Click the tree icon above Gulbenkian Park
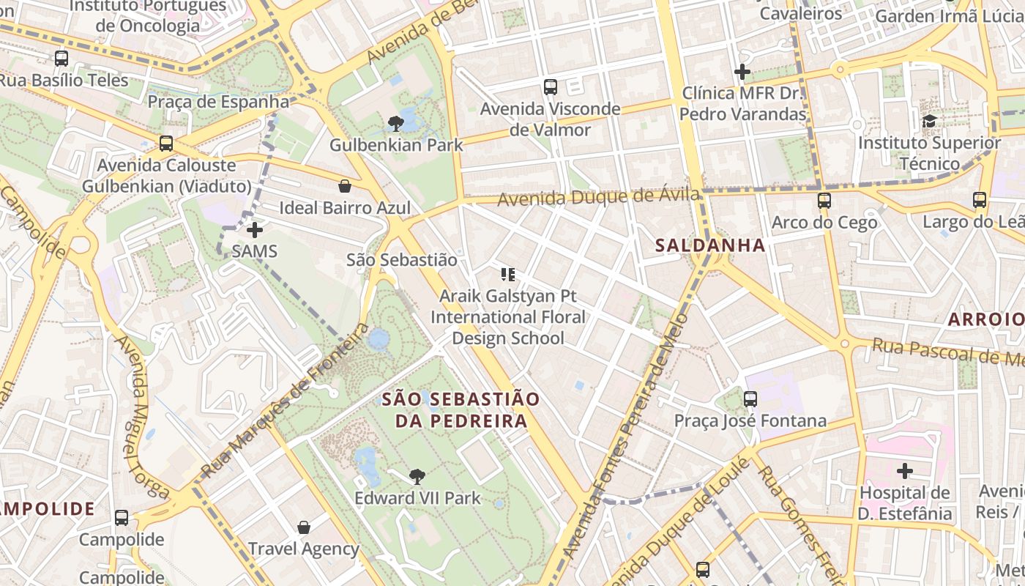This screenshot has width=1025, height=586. pos(396,123)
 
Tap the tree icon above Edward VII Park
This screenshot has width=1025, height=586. pos(417,477)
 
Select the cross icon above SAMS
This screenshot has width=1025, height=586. pos(254,230)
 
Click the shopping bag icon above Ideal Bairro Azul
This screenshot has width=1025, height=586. pos(344,186)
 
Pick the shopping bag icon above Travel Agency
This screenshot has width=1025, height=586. pos(304,527)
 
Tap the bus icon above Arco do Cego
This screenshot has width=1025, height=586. pos(824,200)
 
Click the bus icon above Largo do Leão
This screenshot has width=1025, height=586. pos(980,199)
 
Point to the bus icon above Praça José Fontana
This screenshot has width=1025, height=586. pos(750,399)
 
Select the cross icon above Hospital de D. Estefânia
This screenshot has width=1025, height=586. pos(905,470)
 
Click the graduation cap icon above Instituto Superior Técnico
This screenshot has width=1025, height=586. pos(929,121)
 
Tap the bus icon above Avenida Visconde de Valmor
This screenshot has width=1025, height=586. pos(551,87)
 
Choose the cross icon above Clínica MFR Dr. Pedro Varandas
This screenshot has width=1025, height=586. pos(742,72)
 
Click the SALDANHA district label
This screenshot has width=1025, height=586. pos(710,245)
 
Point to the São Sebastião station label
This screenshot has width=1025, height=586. pos(401,260)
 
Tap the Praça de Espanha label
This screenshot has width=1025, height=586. pos(219,101)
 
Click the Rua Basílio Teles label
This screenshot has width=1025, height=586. pos(64,80)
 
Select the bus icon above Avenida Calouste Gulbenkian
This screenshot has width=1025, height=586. pos(166,144)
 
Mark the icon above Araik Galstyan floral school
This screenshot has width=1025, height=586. pos(508,275)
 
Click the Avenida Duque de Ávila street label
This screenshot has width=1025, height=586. pos(598,197)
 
